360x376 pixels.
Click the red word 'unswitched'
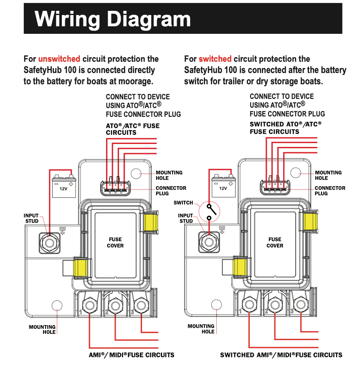59,59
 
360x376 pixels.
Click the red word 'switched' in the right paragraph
215,59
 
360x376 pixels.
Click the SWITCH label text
183,203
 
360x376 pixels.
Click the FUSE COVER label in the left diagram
115,242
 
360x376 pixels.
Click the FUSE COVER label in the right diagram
275,242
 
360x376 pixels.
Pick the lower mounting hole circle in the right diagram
216,305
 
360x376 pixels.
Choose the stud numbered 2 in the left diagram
115,305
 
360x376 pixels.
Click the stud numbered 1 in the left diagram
89,306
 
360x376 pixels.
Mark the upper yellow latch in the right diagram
310,221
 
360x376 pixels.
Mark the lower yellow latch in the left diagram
82,268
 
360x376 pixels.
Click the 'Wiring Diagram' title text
113,19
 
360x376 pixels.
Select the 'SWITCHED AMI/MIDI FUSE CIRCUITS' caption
281,355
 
